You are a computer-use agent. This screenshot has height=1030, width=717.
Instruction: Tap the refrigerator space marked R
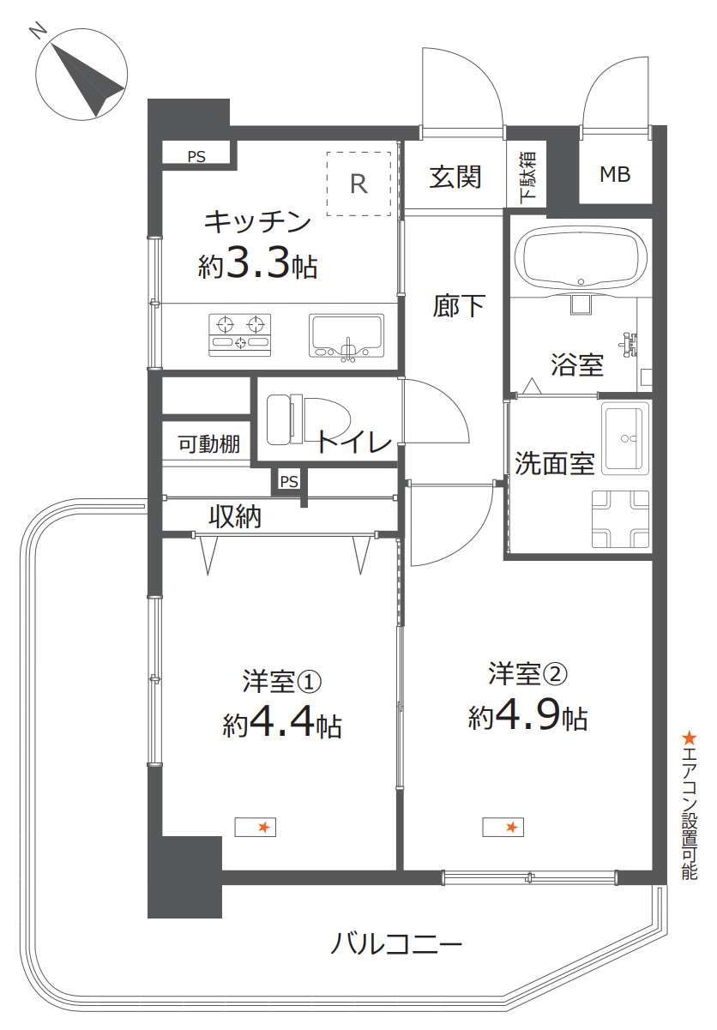click(358, 184)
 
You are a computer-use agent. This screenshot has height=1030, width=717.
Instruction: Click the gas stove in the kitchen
click(240, 334)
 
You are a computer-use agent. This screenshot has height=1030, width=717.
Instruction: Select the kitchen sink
click(347, 335)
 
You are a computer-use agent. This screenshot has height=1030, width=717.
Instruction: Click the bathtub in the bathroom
click(581, 256)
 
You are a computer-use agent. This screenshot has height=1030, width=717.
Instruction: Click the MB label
click(615, 175)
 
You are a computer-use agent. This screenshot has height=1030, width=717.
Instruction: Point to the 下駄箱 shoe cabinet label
click(527, 178)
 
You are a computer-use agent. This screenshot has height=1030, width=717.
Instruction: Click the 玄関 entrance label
click(455, 178)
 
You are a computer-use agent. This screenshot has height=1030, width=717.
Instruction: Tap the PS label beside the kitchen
click(196, 156)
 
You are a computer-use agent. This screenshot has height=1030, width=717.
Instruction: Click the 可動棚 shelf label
click(208, 444)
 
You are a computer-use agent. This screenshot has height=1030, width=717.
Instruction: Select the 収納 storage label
click(235, 518)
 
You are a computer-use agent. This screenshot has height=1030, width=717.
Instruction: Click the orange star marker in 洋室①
click(264, 827)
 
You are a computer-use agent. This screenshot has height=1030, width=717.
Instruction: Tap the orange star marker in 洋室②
click(511, 827)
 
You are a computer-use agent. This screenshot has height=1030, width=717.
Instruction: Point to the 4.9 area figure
click(538, 715)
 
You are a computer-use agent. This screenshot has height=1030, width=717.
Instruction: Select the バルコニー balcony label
click(397, 946)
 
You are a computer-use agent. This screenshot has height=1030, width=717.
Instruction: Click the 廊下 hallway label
click(459, 306)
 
